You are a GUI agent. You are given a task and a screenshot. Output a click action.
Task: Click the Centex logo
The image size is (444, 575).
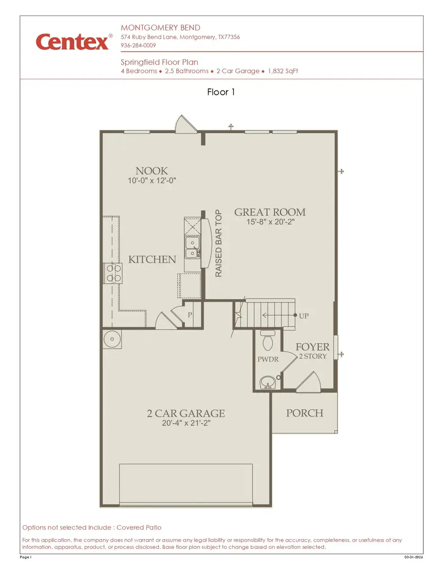tap(72, 41)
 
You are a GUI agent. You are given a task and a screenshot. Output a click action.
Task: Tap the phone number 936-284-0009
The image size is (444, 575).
tap(138, 45)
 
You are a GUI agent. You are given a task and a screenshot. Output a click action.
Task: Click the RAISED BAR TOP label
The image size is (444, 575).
tap(219, 243)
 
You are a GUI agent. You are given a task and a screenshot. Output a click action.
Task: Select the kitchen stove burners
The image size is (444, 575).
tap(112, 273)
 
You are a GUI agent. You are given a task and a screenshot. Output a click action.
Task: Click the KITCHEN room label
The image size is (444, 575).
tap(152, 260)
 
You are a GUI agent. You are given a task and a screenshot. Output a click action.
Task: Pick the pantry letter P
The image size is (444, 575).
tap(189, 315)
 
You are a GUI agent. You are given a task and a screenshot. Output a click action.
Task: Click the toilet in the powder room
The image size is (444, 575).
tap(268, 341)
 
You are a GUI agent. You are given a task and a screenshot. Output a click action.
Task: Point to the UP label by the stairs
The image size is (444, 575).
tap(304, 316)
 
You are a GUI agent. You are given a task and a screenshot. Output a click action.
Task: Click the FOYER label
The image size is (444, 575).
tap(312, 347)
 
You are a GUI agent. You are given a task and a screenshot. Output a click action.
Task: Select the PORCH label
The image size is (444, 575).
tap(304, 413)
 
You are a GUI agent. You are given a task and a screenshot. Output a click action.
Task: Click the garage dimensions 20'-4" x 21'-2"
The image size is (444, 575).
tap(186, 423)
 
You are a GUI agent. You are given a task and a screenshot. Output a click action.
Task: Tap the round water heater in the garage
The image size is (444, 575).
tap(111, 339)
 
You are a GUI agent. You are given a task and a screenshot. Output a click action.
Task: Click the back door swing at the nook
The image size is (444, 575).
tap(186, 124)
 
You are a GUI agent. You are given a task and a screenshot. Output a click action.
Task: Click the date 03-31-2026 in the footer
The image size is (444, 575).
tap(413, 557)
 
